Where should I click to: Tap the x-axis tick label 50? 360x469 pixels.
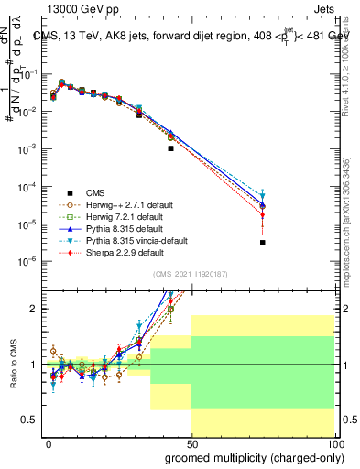coord(191,443)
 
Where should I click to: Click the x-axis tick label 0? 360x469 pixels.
coord(48,443)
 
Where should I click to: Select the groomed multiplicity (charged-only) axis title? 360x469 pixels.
coord(252,457)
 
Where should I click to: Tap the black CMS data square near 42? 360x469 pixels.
coord(170,147)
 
